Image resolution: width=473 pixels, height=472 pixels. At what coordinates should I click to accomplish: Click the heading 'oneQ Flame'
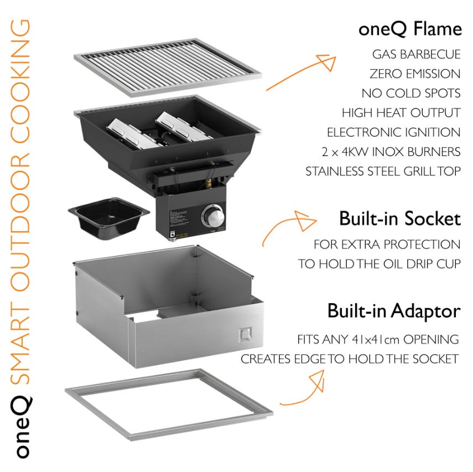pos(409,28)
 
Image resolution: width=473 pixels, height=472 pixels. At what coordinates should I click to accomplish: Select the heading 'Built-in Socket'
pos(399,219)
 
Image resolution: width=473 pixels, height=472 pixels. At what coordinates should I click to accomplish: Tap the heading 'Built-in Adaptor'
pos(393,310)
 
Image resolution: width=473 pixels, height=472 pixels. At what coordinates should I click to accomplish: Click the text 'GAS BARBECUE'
pos(416,54)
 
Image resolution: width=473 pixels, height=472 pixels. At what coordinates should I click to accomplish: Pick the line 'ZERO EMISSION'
pos(414,74)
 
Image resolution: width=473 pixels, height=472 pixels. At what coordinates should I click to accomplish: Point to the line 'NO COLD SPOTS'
pos(410,93)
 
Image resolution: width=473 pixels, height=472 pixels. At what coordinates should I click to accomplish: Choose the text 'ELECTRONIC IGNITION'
pos(393,132)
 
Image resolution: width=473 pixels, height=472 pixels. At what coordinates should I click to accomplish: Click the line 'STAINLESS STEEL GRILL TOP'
pos(383,171)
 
